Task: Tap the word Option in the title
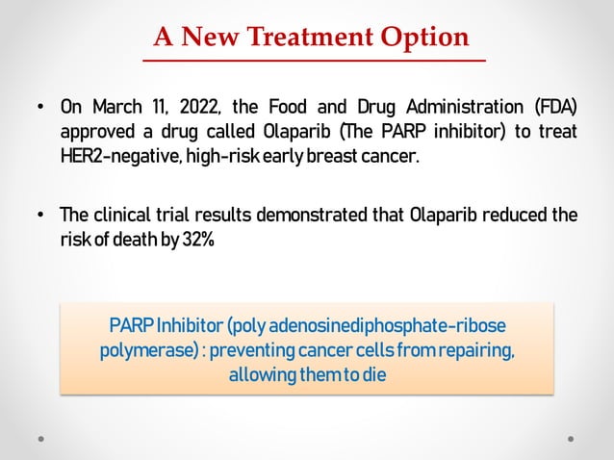424,37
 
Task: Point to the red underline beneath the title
315,60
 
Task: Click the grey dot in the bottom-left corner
41,438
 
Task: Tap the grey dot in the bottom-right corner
571,438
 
